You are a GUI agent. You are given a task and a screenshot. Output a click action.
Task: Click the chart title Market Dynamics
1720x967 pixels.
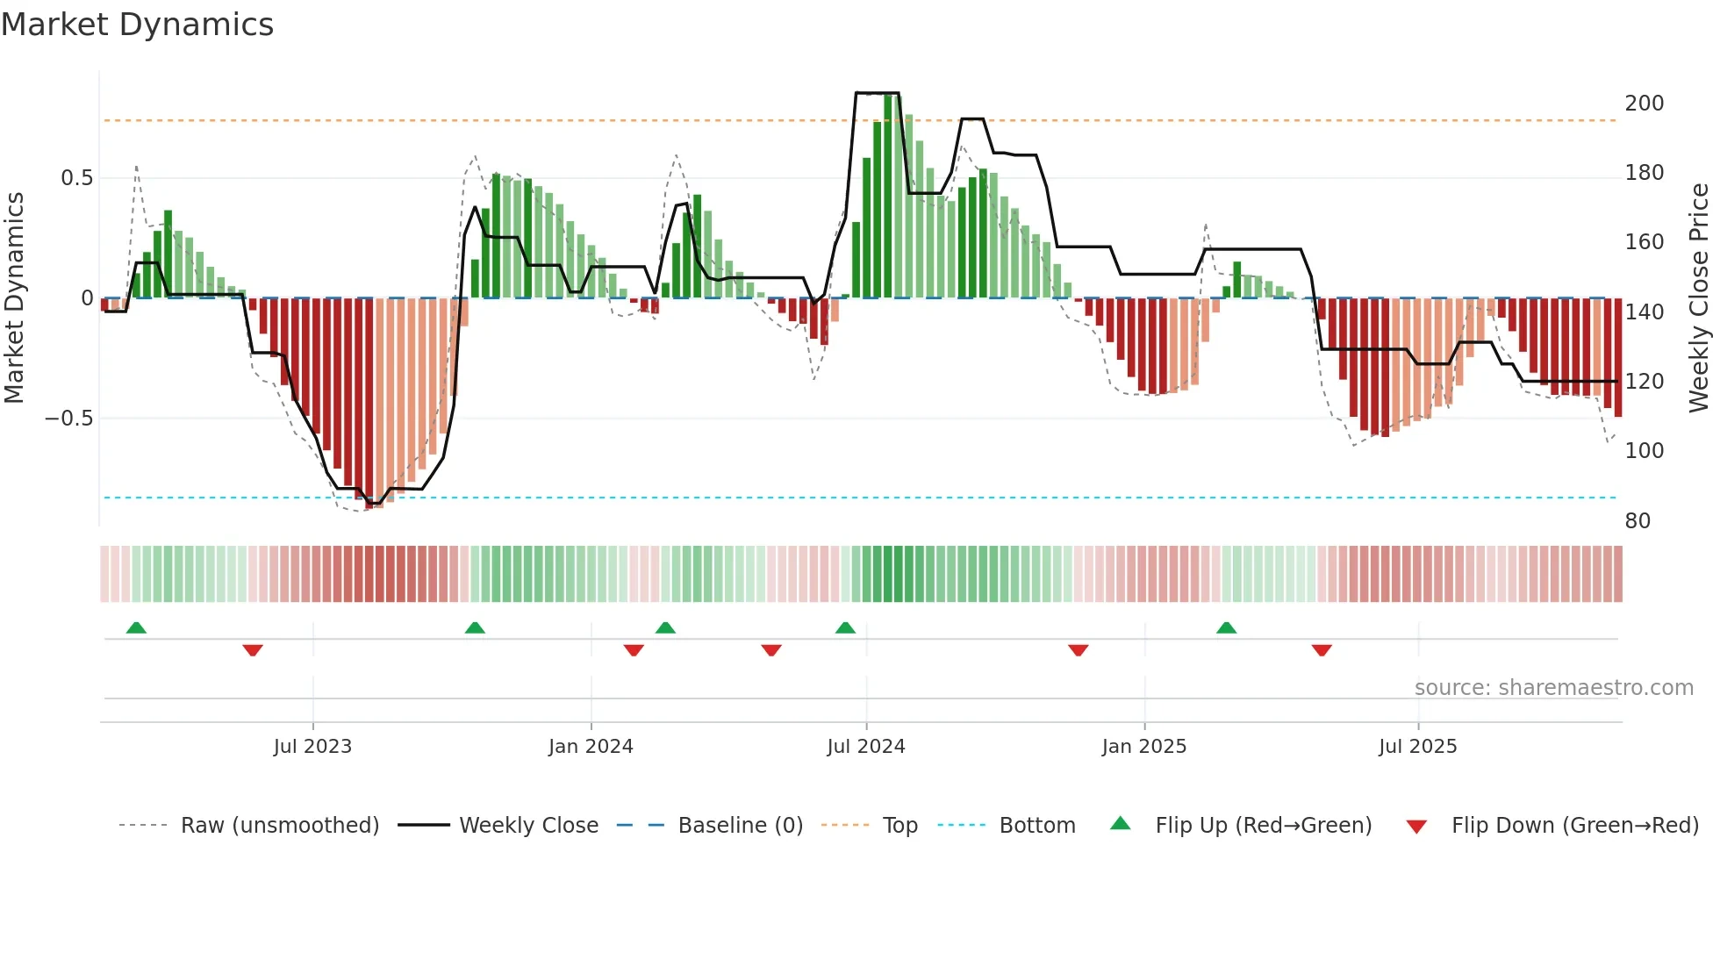(x=137, y=25)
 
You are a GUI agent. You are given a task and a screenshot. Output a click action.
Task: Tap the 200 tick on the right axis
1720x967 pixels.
(x=1644, y=104)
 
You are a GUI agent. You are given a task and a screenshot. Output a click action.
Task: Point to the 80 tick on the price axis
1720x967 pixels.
(x=1638, y=521)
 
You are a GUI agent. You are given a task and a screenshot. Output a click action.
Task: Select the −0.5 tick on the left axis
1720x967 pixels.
(x=68, y=419)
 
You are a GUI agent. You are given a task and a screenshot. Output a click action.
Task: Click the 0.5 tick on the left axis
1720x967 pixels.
(x=76, y=178)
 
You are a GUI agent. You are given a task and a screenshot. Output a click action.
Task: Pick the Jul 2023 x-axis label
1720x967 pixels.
(x=312, y=747)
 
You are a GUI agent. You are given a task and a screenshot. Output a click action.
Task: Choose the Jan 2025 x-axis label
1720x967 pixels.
(x=1143, y=747)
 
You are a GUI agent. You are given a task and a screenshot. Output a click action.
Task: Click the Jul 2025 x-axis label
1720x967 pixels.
(x=1417, y=747)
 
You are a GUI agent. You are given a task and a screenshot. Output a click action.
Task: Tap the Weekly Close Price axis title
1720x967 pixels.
(x=1699, y=298)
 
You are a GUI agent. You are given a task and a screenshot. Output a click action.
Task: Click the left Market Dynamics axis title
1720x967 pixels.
(x=14, y=298)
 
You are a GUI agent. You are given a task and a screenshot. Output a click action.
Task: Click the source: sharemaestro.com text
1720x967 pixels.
(x=1553, y=688)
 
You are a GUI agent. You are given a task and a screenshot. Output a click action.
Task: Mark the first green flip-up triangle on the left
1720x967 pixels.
(x=136, y=627)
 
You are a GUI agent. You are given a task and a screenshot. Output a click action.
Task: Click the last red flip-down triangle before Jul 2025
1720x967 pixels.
(x=1322, y=650)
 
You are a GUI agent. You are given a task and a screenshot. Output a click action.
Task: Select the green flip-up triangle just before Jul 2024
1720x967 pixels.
(x=845, y=627)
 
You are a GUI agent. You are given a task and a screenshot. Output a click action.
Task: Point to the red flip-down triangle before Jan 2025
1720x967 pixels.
(x=1079, y=650)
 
